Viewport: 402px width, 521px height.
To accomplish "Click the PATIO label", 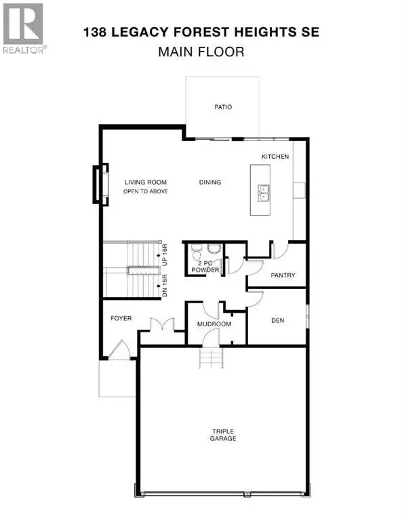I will (223, 107).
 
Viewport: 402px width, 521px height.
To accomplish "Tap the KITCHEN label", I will (275, 157).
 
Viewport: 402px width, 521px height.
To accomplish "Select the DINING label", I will (210, 182).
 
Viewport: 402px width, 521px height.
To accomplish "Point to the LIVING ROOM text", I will (145, 182).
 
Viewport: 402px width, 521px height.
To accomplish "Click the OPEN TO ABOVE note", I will (145, 191).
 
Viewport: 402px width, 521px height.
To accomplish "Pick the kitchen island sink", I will (264, 193).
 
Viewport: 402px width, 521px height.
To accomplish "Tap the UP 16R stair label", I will (165, 256).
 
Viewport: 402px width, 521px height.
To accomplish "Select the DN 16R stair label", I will (165, 284).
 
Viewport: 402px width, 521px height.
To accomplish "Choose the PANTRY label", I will (281, 275).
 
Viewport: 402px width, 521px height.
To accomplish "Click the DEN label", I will (277, 320).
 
